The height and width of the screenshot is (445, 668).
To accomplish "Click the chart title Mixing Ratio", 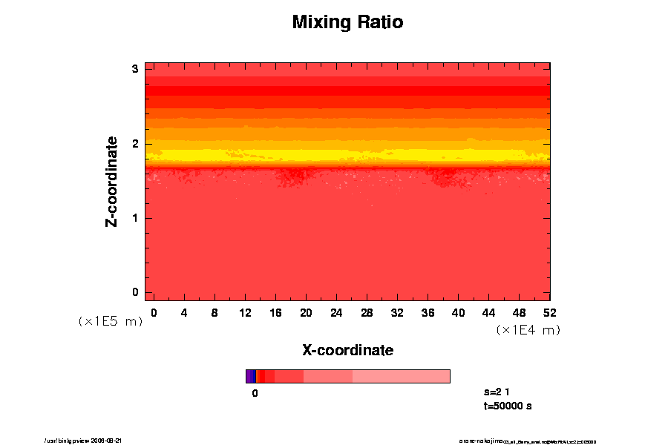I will [347, 22].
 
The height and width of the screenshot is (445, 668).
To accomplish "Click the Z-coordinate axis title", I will [112, 181].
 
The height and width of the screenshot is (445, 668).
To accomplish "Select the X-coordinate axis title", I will [347, 349].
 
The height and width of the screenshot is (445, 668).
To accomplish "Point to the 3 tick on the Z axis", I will [136, 69].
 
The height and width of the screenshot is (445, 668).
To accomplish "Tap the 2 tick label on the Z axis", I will [136, 144].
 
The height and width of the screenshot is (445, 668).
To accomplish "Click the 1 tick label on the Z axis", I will [136, 218].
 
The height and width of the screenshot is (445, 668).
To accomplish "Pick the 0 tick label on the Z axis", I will [136, 292].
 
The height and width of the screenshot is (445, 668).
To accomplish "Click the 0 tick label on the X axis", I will [154, 312].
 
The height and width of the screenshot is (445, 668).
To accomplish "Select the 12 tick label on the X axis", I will [245, 312].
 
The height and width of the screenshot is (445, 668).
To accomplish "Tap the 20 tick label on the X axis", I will [306, 312].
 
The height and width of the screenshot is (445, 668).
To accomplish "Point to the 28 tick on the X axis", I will [367, 312].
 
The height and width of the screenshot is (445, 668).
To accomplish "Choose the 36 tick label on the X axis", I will [428, 312].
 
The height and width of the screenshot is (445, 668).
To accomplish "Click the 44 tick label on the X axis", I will [488, 312].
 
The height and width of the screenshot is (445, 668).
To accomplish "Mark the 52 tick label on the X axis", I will [549, 312].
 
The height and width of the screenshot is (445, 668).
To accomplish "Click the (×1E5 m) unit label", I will [110, 321].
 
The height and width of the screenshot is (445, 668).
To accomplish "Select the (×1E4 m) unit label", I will [528, 329].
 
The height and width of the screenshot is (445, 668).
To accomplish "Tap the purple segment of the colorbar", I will [250, 376].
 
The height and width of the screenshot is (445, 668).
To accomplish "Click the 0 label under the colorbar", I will [255, 393].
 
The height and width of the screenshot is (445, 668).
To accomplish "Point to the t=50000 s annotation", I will [507, 406].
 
